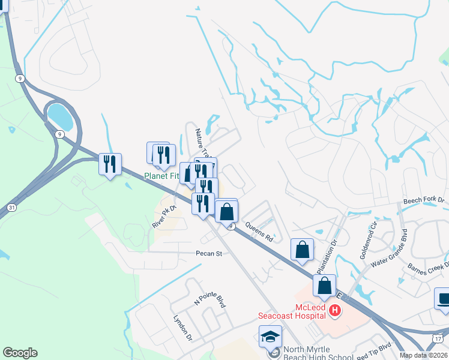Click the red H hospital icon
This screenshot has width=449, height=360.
click(335, 310)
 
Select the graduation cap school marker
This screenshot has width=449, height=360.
click(270, 336)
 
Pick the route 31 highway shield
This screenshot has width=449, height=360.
click(12, 207)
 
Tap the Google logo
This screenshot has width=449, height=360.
click(20, 353)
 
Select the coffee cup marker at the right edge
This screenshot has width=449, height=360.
click(444, 299)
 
